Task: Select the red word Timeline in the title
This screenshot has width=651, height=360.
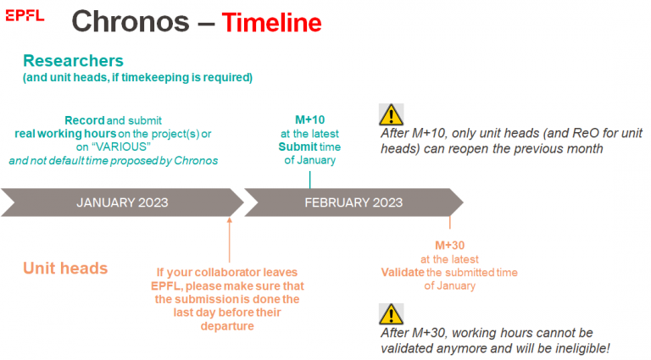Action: click(x=272, y=22)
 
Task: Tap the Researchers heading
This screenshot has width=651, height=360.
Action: click(x=73, y=61)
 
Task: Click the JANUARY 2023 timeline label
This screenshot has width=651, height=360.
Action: click(x=122, y=202)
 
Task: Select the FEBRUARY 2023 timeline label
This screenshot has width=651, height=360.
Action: click(x=353, y=202)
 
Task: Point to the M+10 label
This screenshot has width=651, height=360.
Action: click(x=310, y=120)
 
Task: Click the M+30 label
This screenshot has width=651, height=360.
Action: click(x=450, y=246)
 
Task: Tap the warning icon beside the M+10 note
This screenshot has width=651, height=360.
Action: click(x=391, y=114)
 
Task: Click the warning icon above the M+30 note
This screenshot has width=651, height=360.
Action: click(x=391, y=314)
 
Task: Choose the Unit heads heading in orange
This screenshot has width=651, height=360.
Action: click(x=65, y=269)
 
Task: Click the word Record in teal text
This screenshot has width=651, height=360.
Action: click(x=84, y=120)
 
